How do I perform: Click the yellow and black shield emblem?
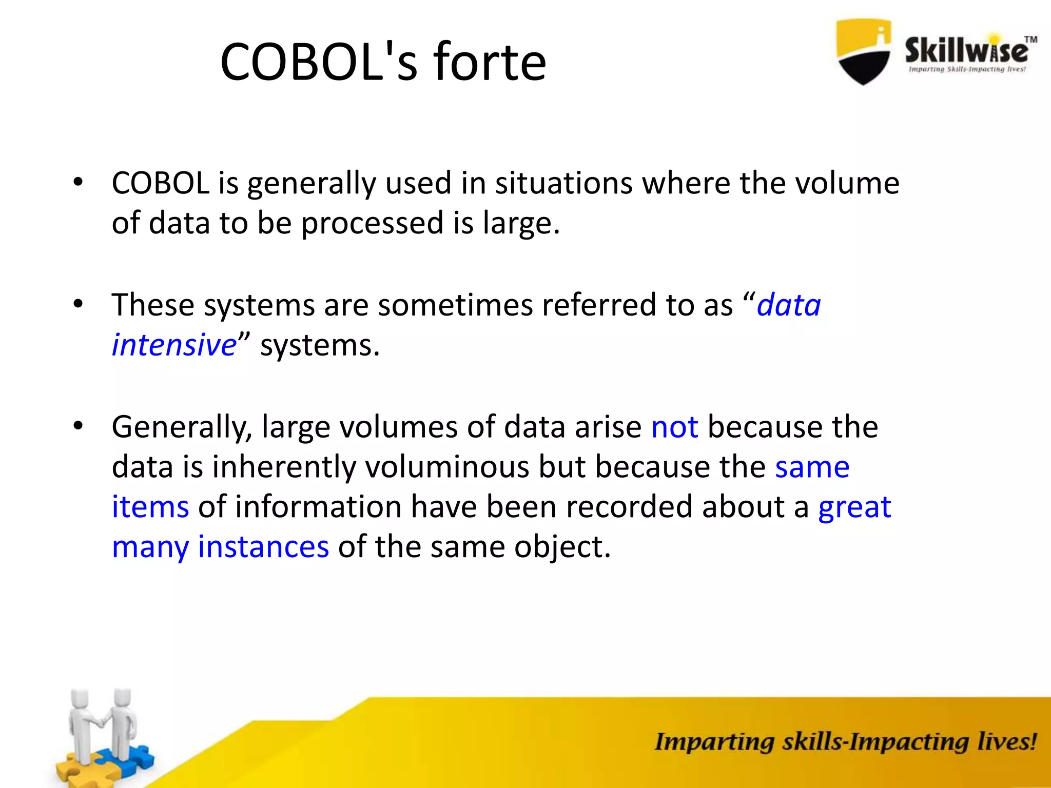coord(863,51)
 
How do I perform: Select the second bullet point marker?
coord(77,304)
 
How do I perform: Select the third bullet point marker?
coord(77,425)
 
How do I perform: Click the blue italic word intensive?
coord(174,345)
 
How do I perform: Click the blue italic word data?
coord(789,305)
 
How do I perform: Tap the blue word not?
coord(674,427)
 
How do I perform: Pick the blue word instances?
coord(263,547)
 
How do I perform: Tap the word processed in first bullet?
coord(372,224)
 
